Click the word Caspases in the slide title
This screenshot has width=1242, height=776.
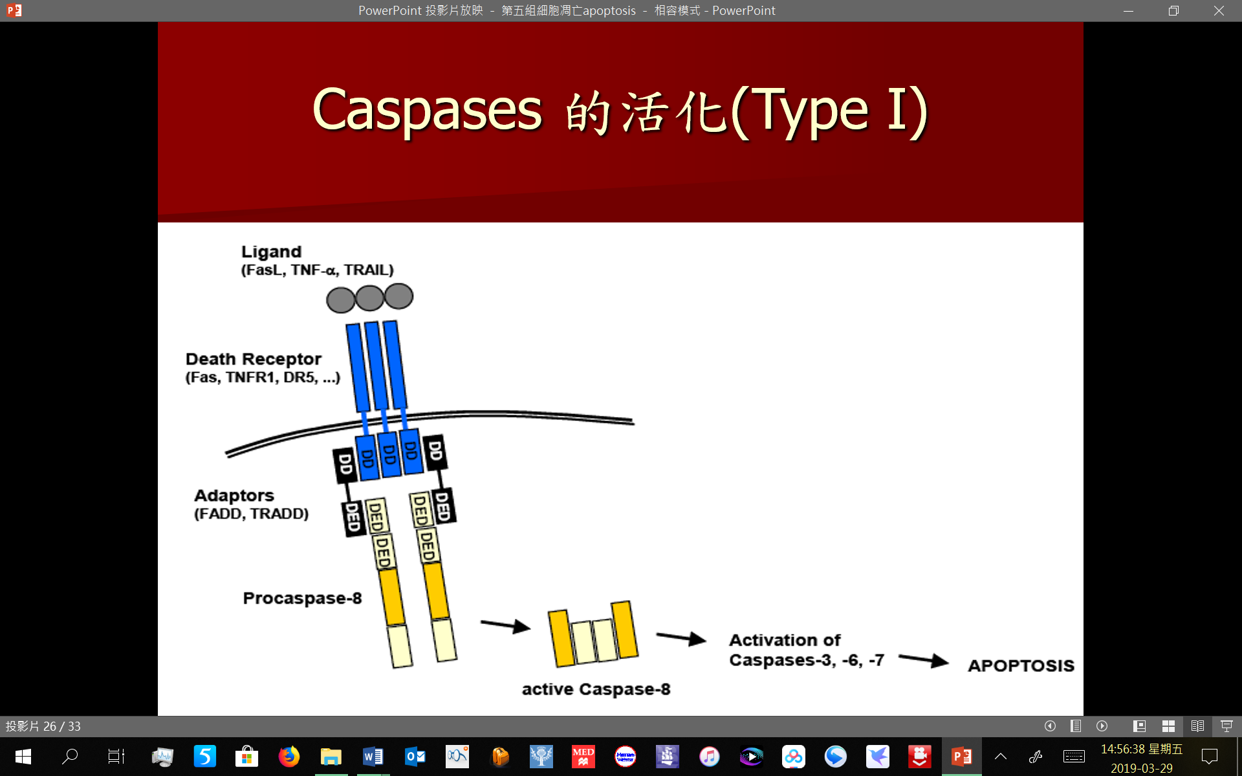[x=427, y=111]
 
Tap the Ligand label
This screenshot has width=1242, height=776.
[x=272, y=252]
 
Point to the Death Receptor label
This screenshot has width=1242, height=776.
[x=254, y=359]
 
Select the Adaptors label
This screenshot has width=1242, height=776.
[x=234, y=495]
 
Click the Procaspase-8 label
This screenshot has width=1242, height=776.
[x=302, y=598]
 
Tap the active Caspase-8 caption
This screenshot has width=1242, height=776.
[x=596, y=689]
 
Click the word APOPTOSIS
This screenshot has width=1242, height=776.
[x=1021, y=665]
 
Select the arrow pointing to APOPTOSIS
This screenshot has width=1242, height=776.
[x=924, y=660]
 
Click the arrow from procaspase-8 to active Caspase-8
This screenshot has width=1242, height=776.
[x=505, y=625]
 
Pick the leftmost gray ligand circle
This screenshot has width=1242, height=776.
[x=341, y=300]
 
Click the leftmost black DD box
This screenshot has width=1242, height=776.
[x=345, y=465]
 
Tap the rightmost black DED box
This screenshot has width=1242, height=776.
[x=443, y=506]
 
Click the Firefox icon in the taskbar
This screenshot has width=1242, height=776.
[x=289, y=756]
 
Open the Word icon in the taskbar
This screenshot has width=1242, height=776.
[x=373, y=756]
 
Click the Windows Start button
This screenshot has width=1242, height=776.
[x=23, y=756]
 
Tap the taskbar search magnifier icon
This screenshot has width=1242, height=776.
[x=69, y=756]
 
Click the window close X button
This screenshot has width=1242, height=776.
[x=1219, y=10]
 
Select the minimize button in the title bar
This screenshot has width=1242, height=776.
[x=1129, y=11]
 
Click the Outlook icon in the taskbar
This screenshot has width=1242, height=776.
[x=415, y=756]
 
